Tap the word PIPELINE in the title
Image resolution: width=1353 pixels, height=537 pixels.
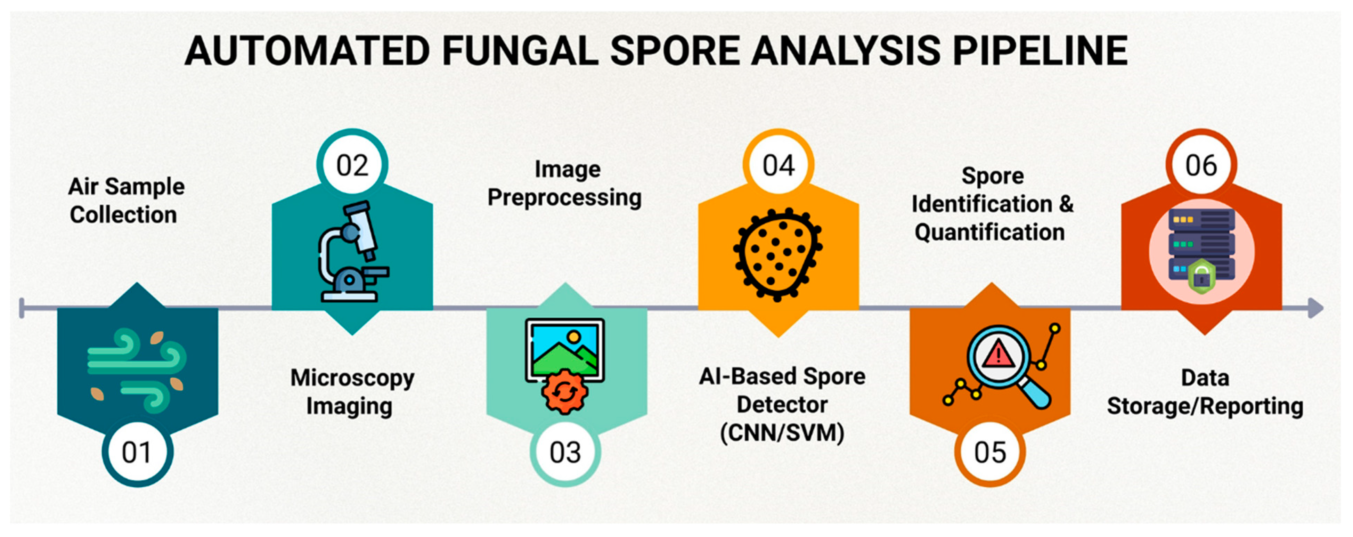click(x=1040, y=51)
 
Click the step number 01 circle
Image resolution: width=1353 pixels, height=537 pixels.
click(x=137, y=452)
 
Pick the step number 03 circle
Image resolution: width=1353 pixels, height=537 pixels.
click(x=565, y=452)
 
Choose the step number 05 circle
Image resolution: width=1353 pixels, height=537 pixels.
click(x=990, y=452)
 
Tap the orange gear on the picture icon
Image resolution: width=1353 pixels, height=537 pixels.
click(x=565, y=391)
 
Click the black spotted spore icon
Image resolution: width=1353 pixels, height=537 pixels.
click(x=778, y=254)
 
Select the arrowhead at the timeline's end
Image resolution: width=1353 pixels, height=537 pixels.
click(x=1315, y=308)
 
